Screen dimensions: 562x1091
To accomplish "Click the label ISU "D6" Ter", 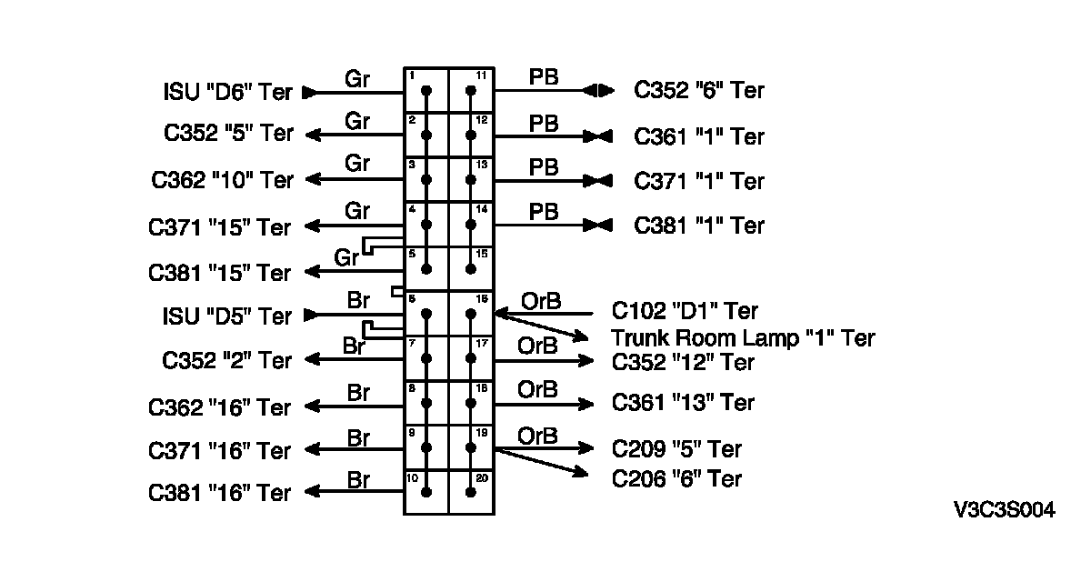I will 228,92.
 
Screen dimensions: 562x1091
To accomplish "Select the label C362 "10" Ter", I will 223,180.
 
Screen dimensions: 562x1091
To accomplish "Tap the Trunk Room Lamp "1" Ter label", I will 743,338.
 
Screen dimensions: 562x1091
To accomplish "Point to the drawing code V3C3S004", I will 1005,511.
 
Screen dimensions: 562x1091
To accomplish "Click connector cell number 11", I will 471,89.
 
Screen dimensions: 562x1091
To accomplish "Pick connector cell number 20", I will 471,491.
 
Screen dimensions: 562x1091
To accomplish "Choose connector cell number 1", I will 425,89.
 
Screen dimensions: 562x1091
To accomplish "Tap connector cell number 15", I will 471,267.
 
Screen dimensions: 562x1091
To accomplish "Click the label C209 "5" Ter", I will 676,449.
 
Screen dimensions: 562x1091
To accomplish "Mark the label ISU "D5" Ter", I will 228,316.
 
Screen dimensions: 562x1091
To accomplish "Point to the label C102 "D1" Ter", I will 685,312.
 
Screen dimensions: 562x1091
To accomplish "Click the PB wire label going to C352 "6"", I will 544,78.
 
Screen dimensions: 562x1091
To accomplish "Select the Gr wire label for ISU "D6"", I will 357,78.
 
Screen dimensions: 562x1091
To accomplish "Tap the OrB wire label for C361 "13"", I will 537,390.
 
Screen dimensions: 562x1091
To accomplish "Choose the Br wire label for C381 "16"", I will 358,480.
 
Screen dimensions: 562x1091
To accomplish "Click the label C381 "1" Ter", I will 699,225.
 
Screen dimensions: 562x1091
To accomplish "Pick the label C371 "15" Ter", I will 221,226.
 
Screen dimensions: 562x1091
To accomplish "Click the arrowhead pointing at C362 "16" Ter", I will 312,406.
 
